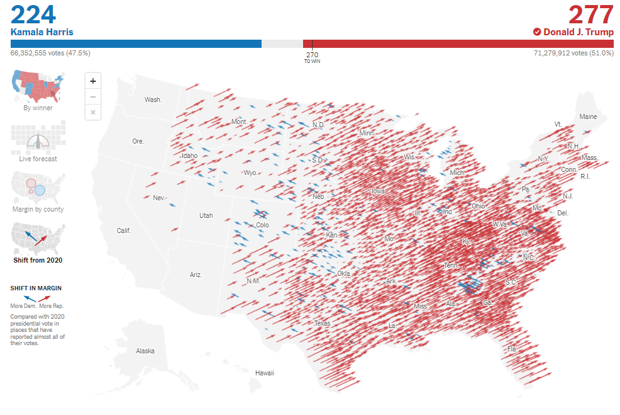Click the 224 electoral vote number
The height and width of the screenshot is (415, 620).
(33, 14)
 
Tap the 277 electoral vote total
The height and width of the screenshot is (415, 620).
(590, 14)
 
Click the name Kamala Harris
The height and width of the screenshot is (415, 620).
(42, 31)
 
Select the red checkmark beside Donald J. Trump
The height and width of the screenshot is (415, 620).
(537, 31)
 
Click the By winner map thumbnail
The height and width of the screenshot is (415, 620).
(38, 88)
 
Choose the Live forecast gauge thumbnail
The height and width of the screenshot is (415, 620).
(38, 139)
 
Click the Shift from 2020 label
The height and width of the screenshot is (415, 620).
(38, 259)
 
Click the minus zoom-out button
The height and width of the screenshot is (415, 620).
(93, 96)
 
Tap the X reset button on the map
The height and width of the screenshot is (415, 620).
(93, 112)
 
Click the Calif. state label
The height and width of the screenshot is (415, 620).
(124, 230)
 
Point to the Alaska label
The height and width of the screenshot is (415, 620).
(145, 351)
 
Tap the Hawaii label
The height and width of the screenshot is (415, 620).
(265, 373)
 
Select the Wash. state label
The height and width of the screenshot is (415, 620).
(153, 99)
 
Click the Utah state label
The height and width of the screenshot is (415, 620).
(206, 215)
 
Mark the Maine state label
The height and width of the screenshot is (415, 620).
(588, 117)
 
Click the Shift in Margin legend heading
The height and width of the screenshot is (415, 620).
(36, 288)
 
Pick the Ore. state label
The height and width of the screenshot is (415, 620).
(138, 141)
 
